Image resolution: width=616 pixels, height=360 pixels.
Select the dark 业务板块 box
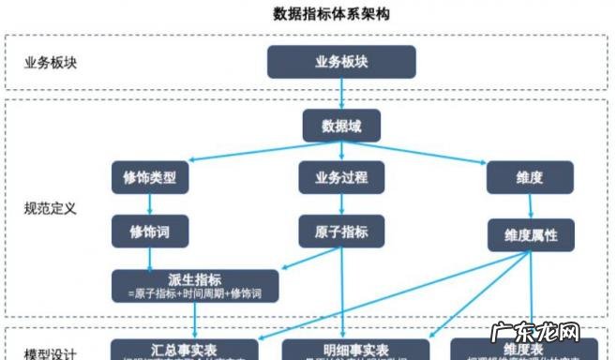tap(340, 62)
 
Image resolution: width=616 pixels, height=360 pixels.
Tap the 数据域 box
tap(340, 126)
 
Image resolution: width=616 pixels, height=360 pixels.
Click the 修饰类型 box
tap(150, 176)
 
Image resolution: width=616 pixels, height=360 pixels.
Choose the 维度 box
tap(530, 176)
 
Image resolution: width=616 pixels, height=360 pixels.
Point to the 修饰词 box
tap(150, 230)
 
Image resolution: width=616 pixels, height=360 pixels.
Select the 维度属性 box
tap(530, 234)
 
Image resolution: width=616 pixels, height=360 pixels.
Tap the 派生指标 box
tap(195, 285)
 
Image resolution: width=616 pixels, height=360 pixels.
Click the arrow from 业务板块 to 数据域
tap(340, 94)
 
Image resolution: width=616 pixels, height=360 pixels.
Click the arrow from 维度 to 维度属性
tap(531, 206)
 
